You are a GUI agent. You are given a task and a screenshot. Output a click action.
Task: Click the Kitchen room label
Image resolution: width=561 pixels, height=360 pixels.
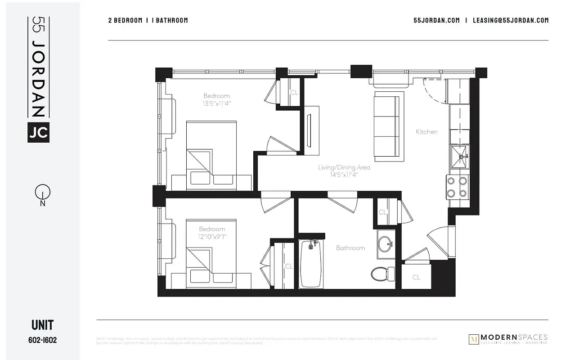pos(426,132)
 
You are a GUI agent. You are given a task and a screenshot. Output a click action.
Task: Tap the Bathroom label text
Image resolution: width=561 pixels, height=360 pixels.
pos(350,248)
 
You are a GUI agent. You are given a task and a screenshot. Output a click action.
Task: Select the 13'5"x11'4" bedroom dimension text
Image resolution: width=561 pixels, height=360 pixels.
pos(216,103)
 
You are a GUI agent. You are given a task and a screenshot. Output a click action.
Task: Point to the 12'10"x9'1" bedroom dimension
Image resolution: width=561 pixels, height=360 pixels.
pos(212,236)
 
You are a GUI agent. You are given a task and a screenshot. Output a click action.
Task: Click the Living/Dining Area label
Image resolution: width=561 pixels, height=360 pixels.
pos(344,167)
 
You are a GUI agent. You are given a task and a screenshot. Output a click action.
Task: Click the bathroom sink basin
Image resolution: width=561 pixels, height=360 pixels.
pos(386,244)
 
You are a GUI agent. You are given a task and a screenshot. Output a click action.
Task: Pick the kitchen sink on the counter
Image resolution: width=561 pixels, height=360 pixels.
pos(460,157)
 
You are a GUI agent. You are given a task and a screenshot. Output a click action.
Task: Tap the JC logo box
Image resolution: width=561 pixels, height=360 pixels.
pos(38,132)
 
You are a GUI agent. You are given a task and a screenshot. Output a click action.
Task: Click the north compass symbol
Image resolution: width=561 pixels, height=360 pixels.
pos(43,193)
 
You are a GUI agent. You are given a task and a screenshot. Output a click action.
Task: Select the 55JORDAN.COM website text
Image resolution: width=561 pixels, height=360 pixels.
pos(436,20)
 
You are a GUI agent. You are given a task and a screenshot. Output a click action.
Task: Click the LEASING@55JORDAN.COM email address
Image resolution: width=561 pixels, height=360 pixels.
pos(511,20)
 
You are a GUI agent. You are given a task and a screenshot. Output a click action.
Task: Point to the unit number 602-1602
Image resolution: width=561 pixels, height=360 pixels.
pos(42,341)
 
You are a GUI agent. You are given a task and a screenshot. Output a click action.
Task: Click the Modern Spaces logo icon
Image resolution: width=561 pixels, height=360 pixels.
pos(474,339)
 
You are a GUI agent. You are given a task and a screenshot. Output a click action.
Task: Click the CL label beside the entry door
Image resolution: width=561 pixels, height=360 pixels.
pos(416,277)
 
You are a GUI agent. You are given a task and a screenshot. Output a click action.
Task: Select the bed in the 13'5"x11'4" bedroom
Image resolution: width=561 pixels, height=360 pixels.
pos(211,153)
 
